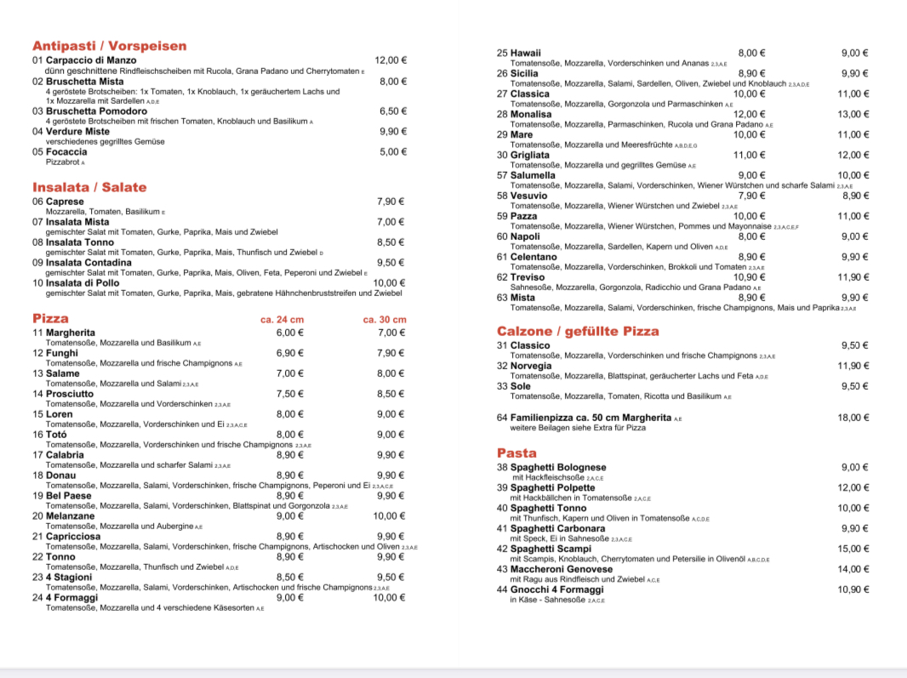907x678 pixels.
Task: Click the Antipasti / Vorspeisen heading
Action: (109, 46)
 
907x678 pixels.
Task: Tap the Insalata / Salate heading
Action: (89, 187)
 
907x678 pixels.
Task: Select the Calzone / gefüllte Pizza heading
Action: (578, 331)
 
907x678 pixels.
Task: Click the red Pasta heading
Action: (516, 453)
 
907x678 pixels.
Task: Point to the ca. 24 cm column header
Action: (282, 320)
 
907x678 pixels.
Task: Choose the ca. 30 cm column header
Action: (385, 320)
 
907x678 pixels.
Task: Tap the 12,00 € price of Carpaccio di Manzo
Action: (391, 60)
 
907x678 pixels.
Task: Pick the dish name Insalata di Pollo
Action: (83, 283)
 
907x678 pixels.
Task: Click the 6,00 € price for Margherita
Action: (290, 333)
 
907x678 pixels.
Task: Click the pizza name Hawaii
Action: (525, 53)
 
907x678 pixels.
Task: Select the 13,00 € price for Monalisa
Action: (853, 114)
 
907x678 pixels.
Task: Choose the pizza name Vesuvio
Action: (528, 196)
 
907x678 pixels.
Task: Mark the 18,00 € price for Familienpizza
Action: (853, 418)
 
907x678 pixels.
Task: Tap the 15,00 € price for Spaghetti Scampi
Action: (853, 549)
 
